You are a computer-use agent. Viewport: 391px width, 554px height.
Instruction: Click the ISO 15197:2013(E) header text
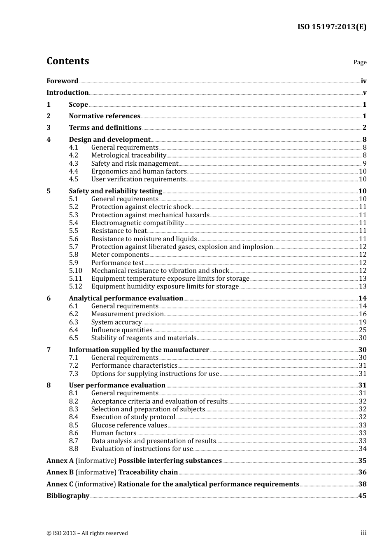click(x=332, y=27)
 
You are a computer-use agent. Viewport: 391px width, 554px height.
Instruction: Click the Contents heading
click(x=67, y=61)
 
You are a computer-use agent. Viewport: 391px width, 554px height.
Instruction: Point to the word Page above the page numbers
click(x=360, y=62)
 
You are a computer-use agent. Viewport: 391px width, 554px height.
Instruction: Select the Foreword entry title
click(x=62, y=81)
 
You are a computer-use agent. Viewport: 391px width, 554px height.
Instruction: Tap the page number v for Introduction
click(x=364, y=93)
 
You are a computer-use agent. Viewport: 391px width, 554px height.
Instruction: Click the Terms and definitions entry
click(x=105, y=128)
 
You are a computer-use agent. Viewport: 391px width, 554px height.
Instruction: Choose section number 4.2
click(x=73, y=155)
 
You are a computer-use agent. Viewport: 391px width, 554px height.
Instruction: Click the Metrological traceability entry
click(x=128, y=155)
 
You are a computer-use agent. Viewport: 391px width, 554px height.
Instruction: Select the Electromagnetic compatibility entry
click(x=137, y=223)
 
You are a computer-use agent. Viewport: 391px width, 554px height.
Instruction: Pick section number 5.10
click(x=75, y=271)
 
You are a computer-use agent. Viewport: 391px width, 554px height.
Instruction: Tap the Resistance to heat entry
click(x=119, y=231)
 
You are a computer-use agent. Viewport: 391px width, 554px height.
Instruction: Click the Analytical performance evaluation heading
click(x=126, y=298)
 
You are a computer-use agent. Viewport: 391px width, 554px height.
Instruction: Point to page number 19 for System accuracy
click(x=362, y=322)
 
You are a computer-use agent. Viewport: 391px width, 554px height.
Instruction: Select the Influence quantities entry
click(x=122, y=330)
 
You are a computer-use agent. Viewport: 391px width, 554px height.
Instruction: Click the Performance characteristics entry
click(x=134, y=366)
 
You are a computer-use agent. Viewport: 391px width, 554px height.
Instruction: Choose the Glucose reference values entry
click(x=129, y=425)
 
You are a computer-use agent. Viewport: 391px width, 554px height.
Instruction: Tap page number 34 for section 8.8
click(x=362, y=449)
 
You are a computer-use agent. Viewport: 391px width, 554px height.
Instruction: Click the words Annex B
click(x=60, y=472)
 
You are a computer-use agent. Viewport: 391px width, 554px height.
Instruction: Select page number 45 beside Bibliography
click(x=362, y=496)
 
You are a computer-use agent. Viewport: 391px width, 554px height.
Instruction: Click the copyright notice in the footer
click(x=87, y=533)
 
